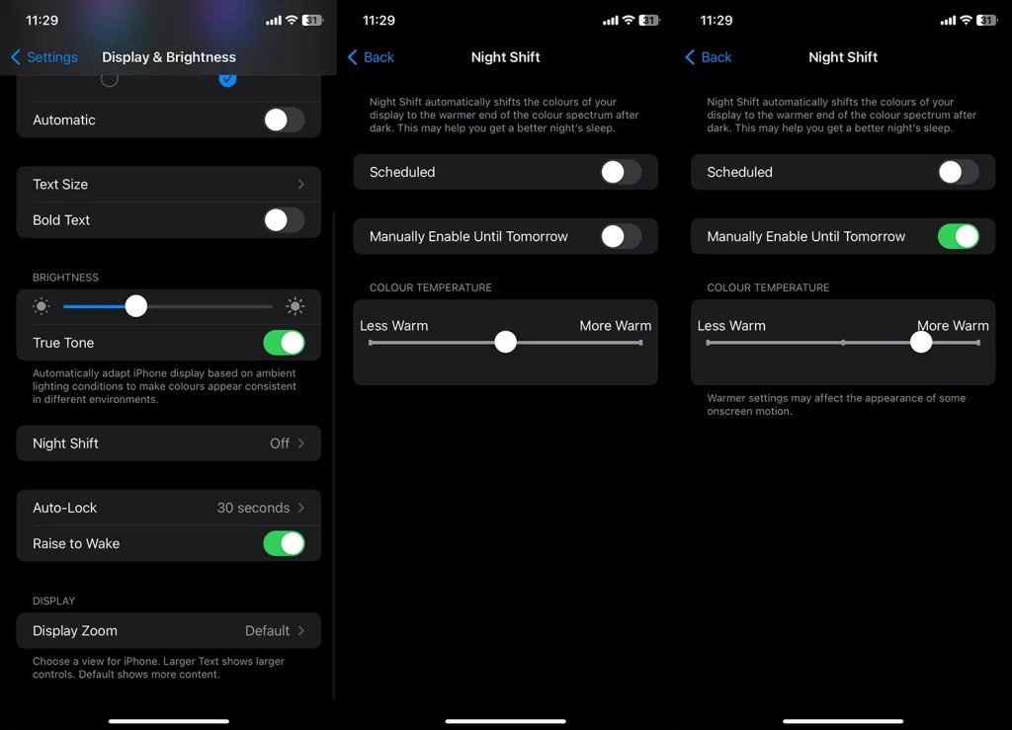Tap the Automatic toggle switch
click(x=284, y=121)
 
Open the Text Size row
click(x=168, y=185)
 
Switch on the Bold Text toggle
click(x=284, y=220)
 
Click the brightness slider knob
click(x=136, y=306)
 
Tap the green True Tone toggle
click(x=284, y=343)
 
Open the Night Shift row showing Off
click(x=168, y=444)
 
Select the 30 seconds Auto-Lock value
click(x=254, y=508)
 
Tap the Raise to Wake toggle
click(x=284, y=543)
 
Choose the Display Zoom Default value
click(x=268, y=630)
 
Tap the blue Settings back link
click(x=44, y=57)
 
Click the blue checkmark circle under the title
click(x=227, y=78)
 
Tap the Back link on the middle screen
click(x=372, y=57)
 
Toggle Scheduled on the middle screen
click(x=621, y=172)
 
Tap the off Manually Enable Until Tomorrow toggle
click(x=621, y=237)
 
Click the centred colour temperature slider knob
click(x=505, y=343)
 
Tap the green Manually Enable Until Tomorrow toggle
click(x=958, y=237)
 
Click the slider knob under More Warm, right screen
click(x=921, y=343)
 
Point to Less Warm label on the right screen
click(x=731, y=326)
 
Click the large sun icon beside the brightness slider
click(x=295, y=306)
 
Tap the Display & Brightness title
click(x=169, y=57)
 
